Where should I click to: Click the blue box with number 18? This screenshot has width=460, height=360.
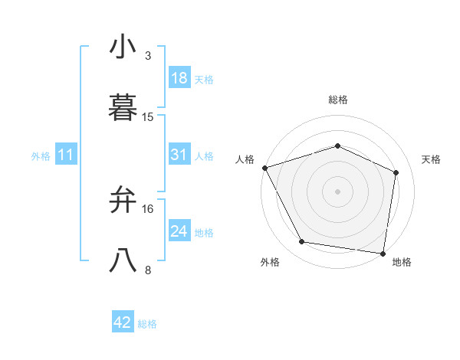point(179,78)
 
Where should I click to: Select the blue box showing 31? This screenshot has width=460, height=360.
point(179,155)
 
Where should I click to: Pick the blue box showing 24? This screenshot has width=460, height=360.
point(179,231)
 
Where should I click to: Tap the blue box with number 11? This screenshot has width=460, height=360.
point(66,155)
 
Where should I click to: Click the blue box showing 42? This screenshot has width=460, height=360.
point(123,322)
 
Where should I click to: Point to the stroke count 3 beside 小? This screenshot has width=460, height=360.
point(148,56)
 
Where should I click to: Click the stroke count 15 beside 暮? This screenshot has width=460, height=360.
point(148,117)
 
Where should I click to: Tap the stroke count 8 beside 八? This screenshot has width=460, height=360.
point(148,270)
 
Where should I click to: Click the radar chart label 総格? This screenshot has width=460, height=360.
point(337,100)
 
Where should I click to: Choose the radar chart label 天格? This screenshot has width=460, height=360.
point(432,159)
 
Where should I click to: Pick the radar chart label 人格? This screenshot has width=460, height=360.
point(245,159)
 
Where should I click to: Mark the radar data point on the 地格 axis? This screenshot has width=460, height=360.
point(383,253)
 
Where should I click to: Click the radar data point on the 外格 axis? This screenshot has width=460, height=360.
point(302,242)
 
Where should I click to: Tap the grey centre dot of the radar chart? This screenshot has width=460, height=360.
point(337,191)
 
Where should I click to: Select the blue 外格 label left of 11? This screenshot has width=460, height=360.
point(41,155)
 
